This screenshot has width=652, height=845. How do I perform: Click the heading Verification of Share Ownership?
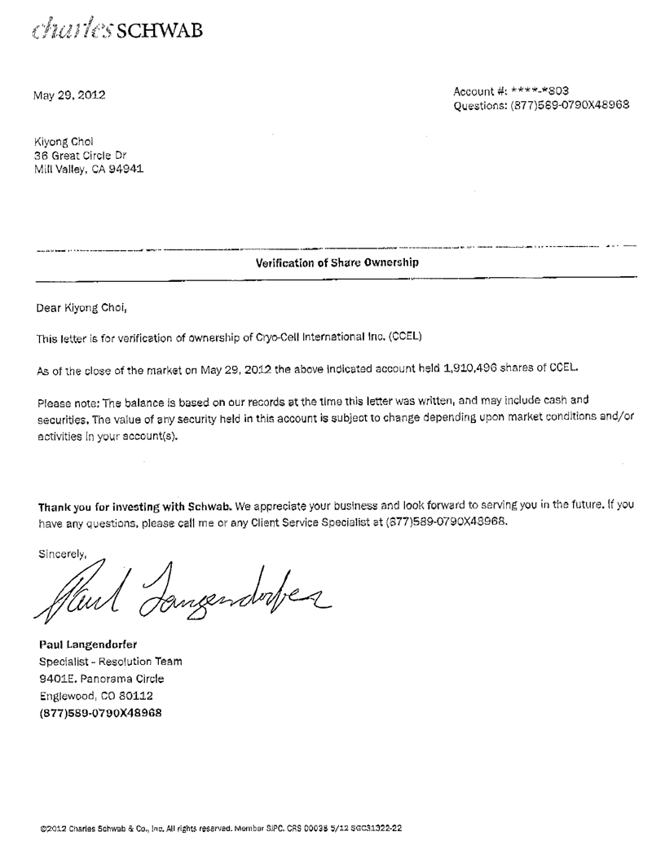[x=337, y=262]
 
